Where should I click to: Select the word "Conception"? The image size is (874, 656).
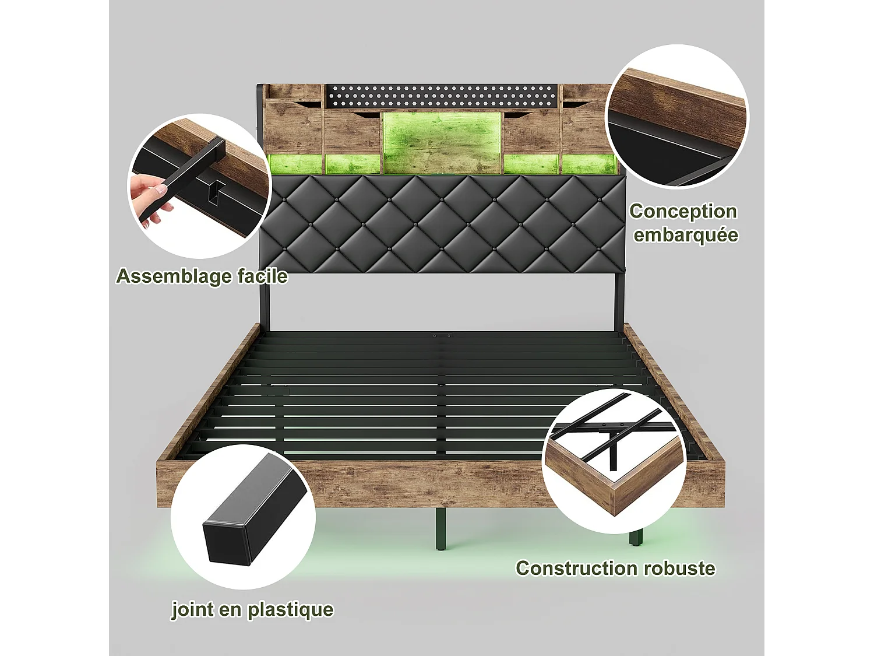pyautogui.click(x=683, y=211)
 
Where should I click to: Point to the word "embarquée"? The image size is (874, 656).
pyautogui.click(x=686, y=235)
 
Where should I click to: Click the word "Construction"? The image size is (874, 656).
pyautogui.click(x=568, y=568)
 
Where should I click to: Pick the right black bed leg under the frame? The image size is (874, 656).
pyautogui.click(x=636, y=538)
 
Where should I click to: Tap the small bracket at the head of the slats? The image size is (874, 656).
pyautogui.click(x=442, y=336)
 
